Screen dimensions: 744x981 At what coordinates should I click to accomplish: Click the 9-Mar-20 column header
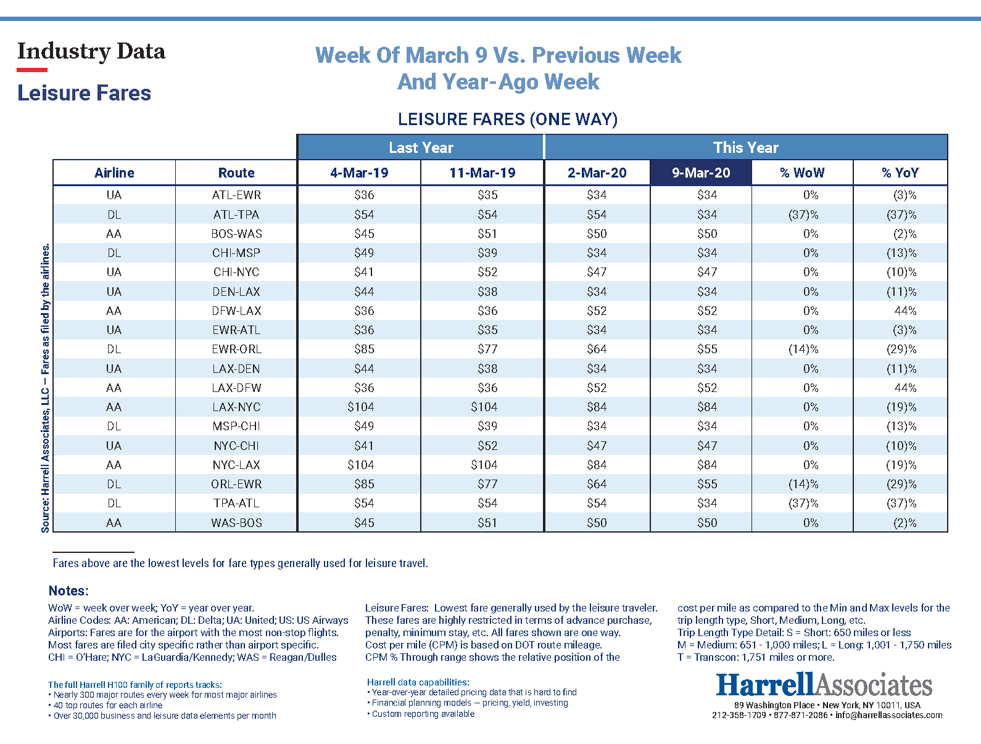click(x=701, y=173)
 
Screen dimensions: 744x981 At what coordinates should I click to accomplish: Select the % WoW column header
click(x=802, y=173)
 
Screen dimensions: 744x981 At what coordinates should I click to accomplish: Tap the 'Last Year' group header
click(x=421, y=148)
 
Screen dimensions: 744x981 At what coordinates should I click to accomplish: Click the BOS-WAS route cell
click(x=236, y=234)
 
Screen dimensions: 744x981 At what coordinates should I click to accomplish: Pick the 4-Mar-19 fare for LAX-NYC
click(x=360, y=407)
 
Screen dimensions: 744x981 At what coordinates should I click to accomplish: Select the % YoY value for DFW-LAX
click(x=905, y=311)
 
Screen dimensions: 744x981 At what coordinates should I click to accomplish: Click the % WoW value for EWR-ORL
click(x=803, y=349)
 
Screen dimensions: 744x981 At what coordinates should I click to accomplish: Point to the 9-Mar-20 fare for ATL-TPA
click(x=707, y=215)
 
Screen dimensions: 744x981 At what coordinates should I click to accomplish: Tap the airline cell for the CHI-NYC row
click(x=114, y=272)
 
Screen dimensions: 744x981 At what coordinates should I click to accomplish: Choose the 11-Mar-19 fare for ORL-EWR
click(x=487, y=484)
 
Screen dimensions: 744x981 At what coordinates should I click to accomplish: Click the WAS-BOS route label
click(x=236, y=523)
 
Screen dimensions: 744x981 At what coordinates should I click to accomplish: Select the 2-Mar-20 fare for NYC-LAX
click(x=597, y=465)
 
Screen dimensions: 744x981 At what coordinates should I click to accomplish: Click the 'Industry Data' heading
click(x=91, y=51)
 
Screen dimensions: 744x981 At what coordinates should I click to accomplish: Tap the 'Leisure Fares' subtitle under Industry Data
click(x=85, y=93)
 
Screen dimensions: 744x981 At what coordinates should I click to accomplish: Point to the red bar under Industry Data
click(x=32, y=70)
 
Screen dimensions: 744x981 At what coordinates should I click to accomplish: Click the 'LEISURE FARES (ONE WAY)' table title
click(x=507, y=119)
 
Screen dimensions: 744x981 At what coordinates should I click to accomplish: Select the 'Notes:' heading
click(x=68, y=591)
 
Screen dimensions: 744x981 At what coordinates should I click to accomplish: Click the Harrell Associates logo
click(x=824, y=685)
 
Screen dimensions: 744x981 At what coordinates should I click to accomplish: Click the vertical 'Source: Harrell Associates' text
click(x=45, y=388)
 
